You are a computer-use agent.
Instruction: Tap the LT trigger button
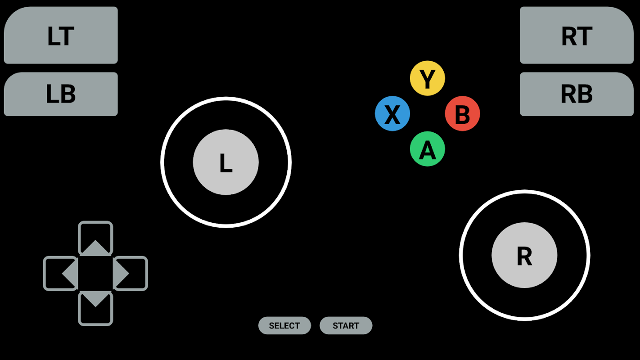tap(61, 35)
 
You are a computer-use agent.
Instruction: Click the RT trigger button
tap(577, 35)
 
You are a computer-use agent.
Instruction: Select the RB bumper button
tap(577, 94)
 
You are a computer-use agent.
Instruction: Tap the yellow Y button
tap(427, 78)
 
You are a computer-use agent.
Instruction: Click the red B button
tap(462, 113)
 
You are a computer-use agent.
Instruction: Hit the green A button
tap(427, 148)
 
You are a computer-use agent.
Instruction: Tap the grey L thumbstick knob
tap(225, 162)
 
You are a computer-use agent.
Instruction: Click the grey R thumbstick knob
tap(524, 255)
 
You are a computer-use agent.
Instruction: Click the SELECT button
tap(284, 325)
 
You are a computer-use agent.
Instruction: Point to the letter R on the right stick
tap(524, 256)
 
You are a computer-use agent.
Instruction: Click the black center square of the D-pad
tap(95, 273)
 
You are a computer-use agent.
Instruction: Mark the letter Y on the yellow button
tap(427, 79)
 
